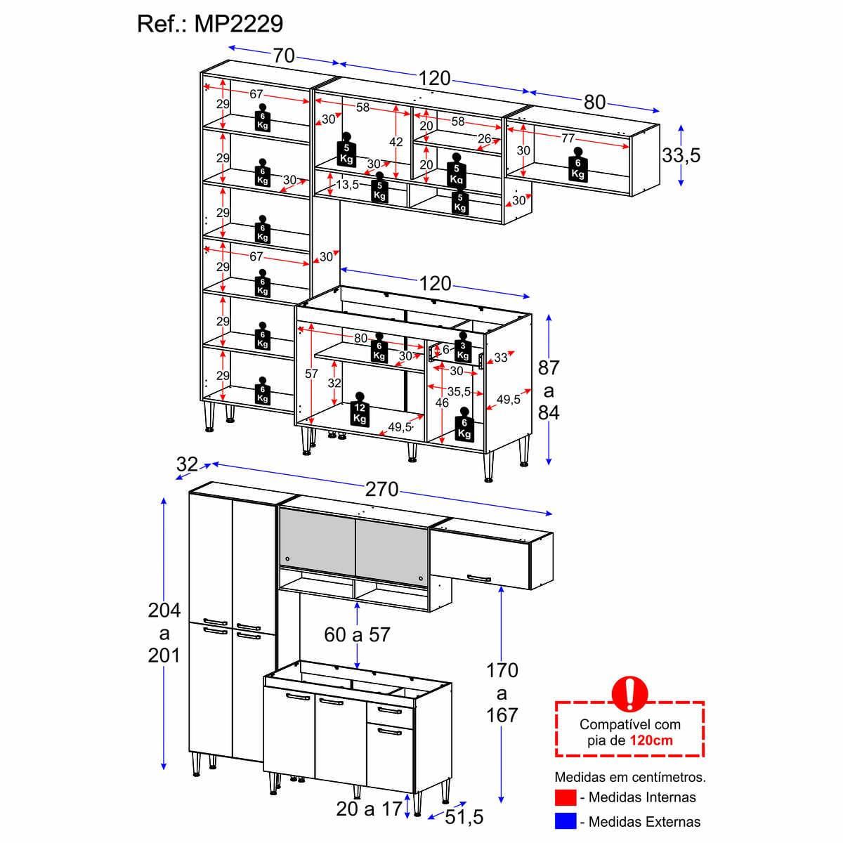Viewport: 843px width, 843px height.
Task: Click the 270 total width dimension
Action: pos(381,489)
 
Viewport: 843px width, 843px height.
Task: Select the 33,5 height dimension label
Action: pos(681,155)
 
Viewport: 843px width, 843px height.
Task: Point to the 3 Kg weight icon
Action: pos(462,349)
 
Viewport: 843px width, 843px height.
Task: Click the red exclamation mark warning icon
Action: pos(629,693)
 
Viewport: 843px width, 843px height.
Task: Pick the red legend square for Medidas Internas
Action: pos(566,797)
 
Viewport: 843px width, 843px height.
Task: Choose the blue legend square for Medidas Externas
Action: pos(566,821)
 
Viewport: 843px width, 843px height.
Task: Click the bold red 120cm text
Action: pos(651,740)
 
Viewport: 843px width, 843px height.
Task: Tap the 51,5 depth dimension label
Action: pos(464,817)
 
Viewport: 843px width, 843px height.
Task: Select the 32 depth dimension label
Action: pos(188,464)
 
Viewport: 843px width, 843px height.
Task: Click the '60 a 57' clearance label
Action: pos(357,634)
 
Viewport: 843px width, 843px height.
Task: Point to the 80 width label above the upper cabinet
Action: pos(594,102)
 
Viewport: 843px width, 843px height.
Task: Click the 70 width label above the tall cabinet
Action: pos(284,55)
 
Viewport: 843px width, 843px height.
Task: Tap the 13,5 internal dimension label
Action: pos(347,185)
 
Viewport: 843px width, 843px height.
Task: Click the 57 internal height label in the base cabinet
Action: pos(311,374)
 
